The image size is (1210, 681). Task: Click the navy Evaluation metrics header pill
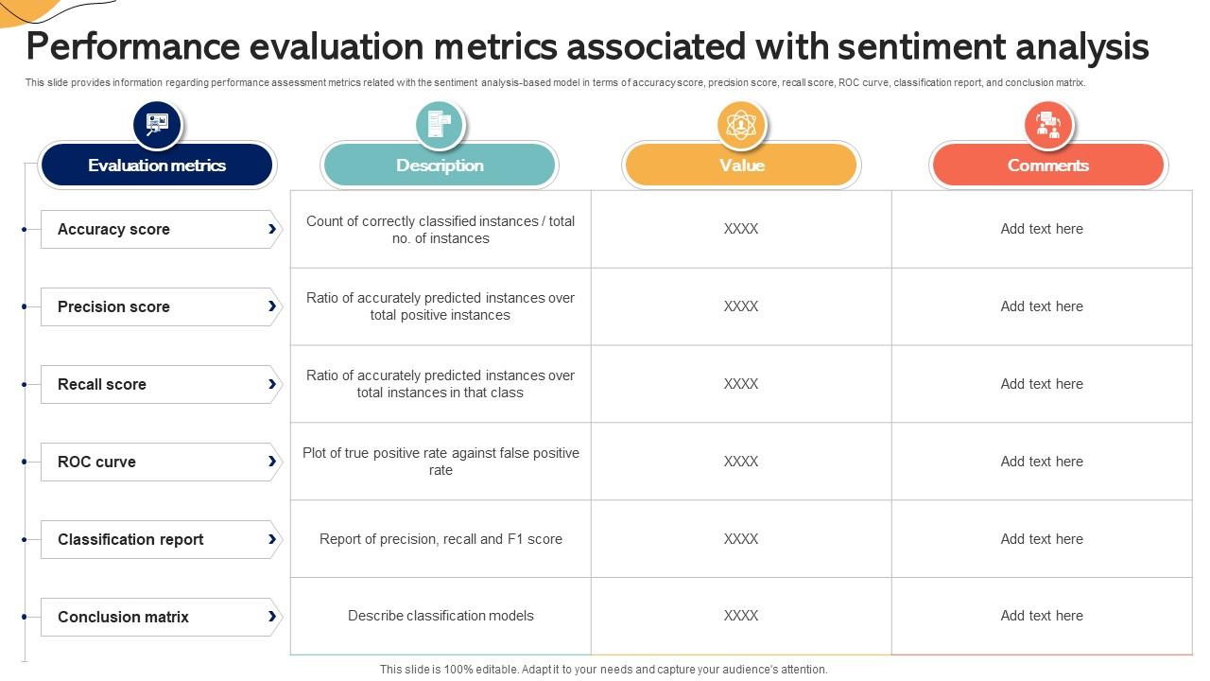click(157, 166)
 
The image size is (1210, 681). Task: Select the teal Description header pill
click(440, 166)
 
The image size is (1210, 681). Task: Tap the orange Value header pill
click(741, 166)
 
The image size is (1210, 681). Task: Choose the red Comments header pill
click(1047, 166)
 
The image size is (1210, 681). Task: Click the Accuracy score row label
click(113, 229)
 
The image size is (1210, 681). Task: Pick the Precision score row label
click(113, 306)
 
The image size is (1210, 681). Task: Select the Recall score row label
click(102, 384)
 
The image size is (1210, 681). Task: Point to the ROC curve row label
click(96, 462)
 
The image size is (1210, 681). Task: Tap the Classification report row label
click(130, 539)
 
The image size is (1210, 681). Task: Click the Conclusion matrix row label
click(123, 617)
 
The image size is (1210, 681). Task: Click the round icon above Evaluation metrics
click(157, 124)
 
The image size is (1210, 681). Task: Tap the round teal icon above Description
click(440, 124)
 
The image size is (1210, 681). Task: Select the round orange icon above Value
click(741, 124)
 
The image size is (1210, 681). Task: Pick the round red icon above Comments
click(1047, 124)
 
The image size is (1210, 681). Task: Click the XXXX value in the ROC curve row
click(741, 462)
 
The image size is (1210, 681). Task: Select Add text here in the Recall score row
click(1042, 384)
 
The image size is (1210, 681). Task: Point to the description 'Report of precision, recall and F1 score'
click(441, 539)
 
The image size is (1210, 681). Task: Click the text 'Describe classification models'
click(441, 616)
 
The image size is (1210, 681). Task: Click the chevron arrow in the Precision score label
click(272, 306)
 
